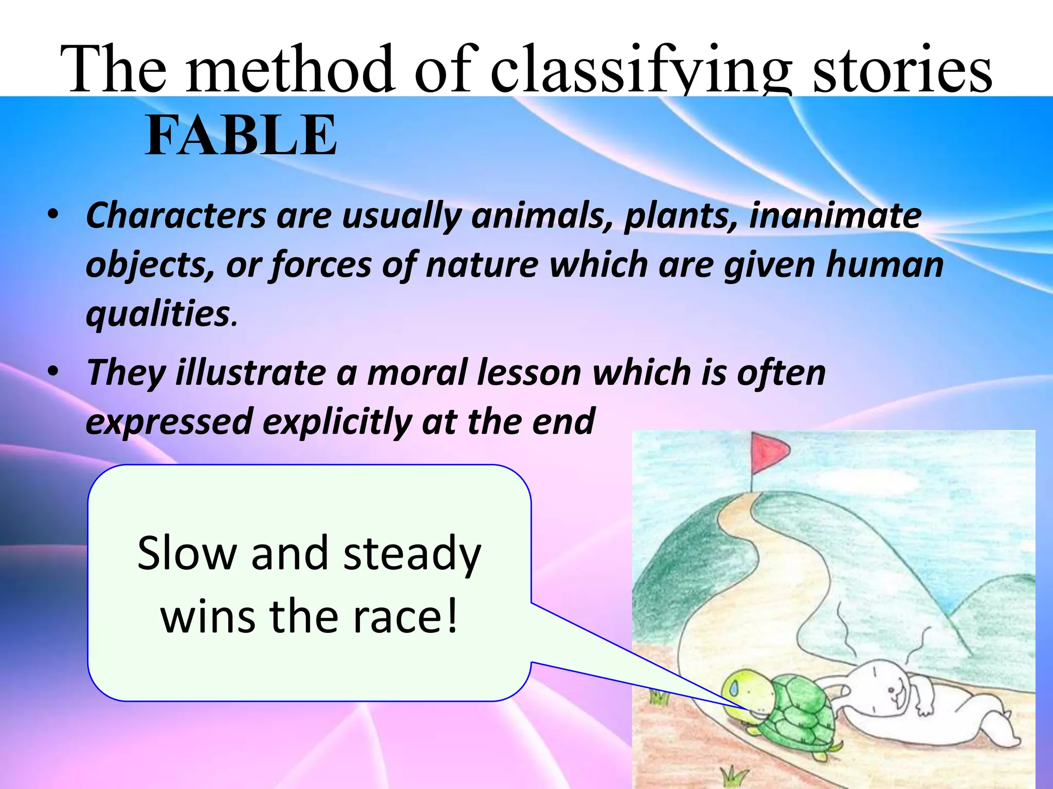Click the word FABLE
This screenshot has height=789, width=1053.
(x=241, y=135)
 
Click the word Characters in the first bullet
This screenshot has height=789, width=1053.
(x=176, y=215)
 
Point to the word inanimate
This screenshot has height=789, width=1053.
(x=835, y=215)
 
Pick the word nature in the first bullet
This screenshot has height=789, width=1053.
(x=482, y=265)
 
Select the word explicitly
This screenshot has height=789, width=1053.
(x=337, y=422)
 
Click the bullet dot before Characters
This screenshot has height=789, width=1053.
(x=53, y=214)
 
